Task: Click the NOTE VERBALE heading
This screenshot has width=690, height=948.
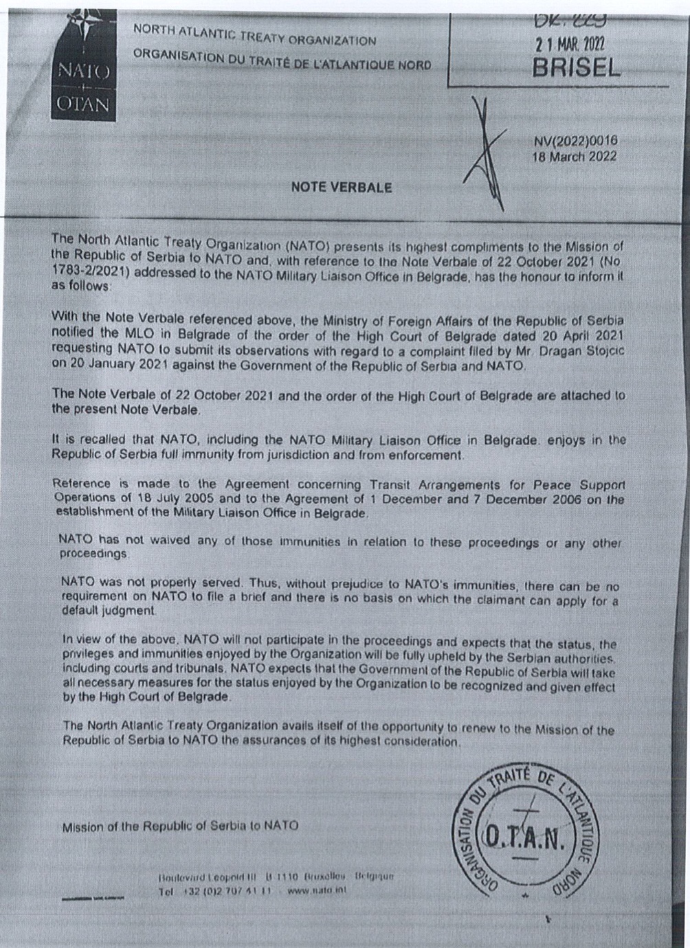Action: point(342,187)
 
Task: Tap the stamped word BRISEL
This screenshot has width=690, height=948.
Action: point(576,67)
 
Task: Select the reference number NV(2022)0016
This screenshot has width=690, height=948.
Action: point(576,141)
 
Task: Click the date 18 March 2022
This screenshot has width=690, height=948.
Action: point(575,156)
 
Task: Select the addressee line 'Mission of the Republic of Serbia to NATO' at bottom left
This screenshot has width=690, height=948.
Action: point(180,826)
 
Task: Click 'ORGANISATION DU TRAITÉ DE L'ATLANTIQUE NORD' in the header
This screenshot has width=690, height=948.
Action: point(282,60)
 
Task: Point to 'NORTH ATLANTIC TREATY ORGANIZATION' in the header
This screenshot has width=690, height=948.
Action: point(254,35)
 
